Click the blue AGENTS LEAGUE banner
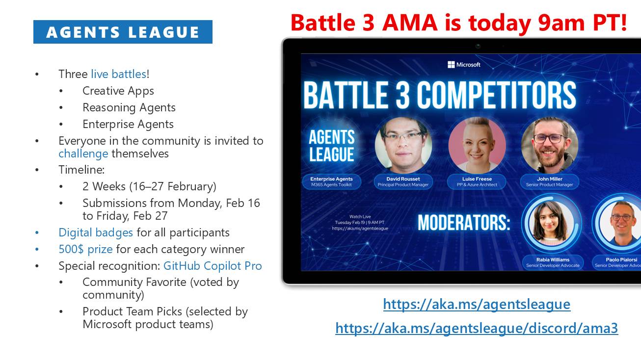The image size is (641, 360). pos(123,32)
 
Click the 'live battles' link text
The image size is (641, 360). pos(119,74)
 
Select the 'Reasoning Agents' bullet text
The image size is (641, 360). pos(129,108)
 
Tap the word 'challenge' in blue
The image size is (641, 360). pos(83,154)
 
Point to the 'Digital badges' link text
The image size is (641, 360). pos(96,233)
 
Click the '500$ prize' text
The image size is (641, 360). pos(85,249)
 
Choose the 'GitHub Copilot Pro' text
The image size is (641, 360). pos(213,266)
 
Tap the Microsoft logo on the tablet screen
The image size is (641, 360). pos(464,65)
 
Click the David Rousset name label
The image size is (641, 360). pos(403,181)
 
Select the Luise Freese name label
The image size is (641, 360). pos(477,181)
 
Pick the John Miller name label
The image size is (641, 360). pos(550,181)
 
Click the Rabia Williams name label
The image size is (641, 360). pos(553,262)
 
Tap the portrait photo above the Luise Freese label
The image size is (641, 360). pos(477,145)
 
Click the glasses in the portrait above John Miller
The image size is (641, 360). pos(550,139)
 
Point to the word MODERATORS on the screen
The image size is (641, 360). pos(464,223)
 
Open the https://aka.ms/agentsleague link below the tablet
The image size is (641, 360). pos(477,304)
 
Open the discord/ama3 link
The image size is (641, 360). pos(477,328)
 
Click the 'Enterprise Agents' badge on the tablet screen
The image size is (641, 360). pos(332,181)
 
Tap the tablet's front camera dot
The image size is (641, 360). pos(478,46)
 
